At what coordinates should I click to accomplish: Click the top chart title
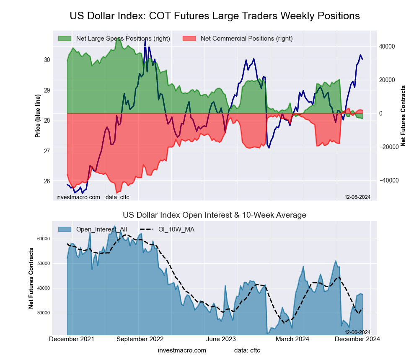(x=215, y=16)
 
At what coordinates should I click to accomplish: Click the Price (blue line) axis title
(x=38, y=116)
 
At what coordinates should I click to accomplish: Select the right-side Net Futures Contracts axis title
(x=403, y=116)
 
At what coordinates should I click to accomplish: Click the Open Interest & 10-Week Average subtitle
(x=215, y=215)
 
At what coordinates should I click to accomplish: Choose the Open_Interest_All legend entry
(x=101, y=229)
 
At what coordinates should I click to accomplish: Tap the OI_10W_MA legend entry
(x=176, y=229)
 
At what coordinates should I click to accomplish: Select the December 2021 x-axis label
(x=72, y=339)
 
